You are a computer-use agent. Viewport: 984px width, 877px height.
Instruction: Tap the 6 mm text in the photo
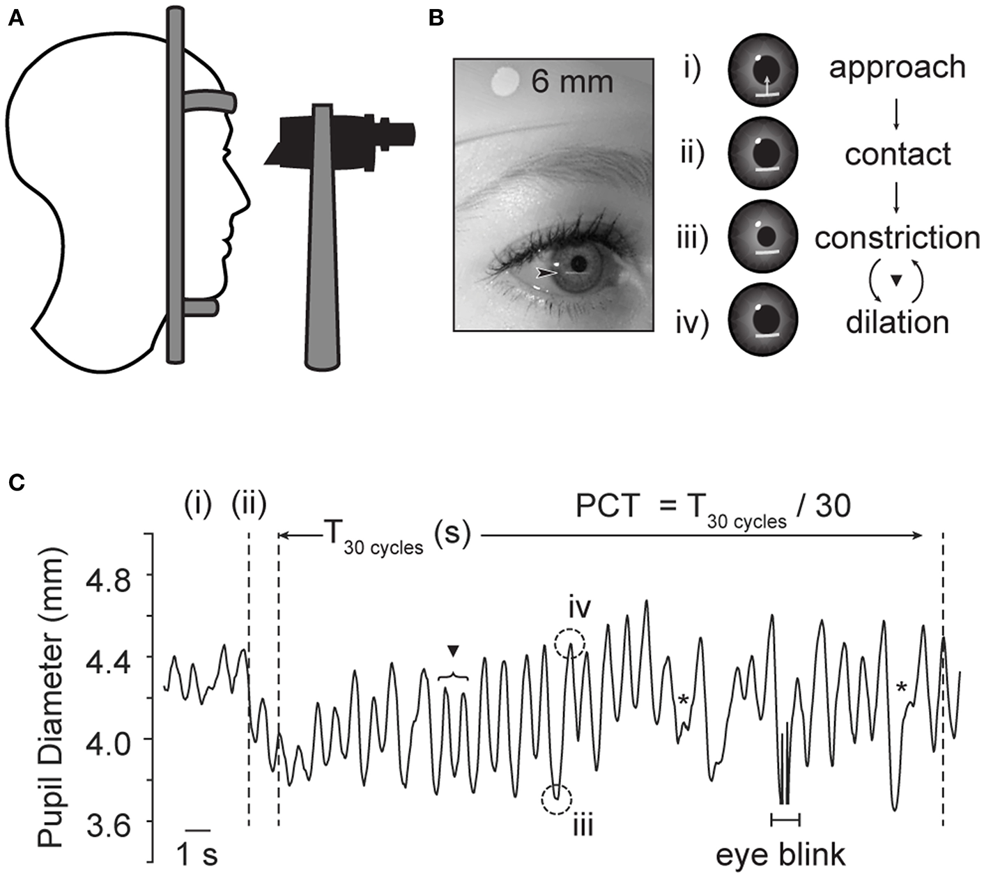[x=571, y=82]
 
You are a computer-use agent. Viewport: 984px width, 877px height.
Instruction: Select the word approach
[x=897, y=68]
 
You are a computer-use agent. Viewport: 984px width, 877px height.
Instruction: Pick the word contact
[x=898, y=154]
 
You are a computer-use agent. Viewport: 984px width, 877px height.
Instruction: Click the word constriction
[x=897, y=238]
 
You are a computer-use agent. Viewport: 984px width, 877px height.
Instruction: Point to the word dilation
[x=897, y=323]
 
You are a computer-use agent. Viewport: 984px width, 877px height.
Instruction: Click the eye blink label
[x=781, y=855]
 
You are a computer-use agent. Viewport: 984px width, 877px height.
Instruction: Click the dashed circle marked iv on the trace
[x=570, y=644]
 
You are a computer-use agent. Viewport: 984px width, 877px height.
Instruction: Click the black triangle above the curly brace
[x=454, y=651]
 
